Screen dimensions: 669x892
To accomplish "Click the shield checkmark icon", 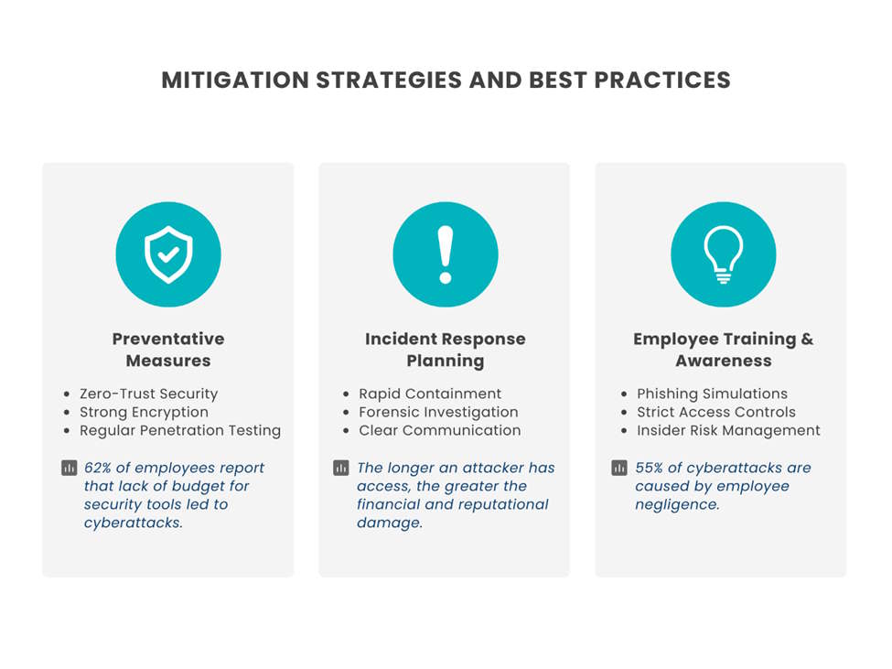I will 168,254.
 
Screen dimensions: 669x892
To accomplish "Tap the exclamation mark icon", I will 446,254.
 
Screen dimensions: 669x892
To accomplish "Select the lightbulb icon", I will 723,254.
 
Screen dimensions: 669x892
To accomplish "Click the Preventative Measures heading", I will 168,350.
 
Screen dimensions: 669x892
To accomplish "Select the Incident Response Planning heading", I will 446,350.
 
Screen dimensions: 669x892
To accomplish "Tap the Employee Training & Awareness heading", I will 723,350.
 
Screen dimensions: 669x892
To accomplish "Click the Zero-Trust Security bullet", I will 148,394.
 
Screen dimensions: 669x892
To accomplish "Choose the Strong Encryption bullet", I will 144,412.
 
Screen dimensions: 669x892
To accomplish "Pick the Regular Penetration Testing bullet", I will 180,430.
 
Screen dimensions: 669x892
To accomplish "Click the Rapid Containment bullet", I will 430,394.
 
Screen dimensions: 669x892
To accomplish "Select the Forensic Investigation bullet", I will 438,412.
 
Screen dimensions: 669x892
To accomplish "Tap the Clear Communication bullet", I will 439,430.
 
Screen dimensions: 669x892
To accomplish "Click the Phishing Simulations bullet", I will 712,394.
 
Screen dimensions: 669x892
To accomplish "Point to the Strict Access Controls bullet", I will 716,412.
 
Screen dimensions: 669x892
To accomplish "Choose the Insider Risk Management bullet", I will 728,430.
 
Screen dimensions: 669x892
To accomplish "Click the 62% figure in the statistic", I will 99,468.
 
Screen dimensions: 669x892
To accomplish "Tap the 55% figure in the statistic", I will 650,468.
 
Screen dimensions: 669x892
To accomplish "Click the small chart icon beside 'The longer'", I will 341,469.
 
